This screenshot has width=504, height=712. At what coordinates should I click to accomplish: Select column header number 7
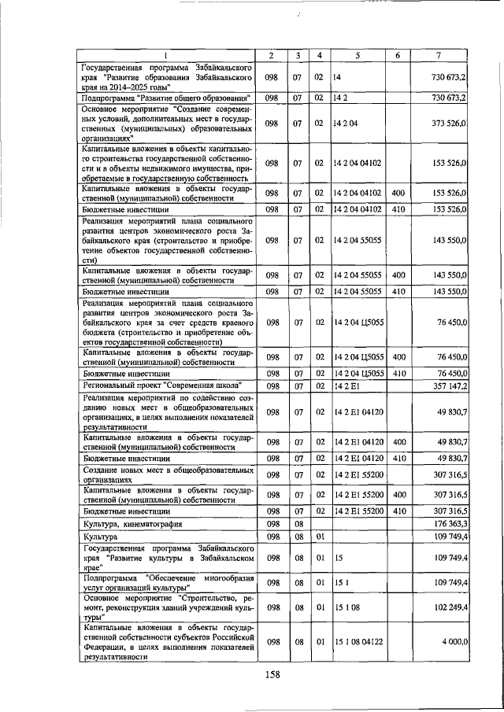click(x=437, y=55)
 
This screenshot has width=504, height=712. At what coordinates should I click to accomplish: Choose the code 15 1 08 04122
click(x=359, y=642)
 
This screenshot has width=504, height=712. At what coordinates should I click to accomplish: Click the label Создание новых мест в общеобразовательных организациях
click(x=167, y=475)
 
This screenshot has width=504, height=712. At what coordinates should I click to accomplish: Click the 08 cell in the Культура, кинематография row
click(x=298, y=522)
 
